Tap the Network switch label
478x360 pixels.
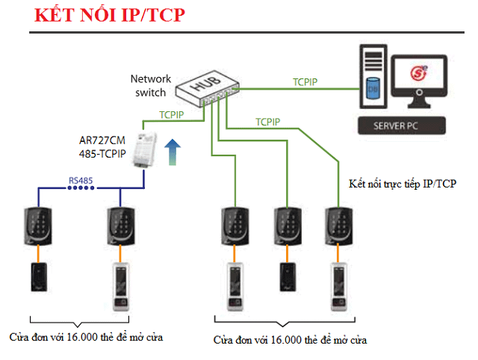151,85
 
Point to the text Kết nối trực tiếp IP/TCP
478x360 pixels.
403,184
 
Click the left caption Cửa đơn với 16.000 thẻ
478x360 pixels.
87,337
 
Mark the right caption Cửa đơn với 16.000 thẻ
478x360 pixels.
290,340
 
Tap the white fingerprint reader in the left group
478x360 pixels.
120,288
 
